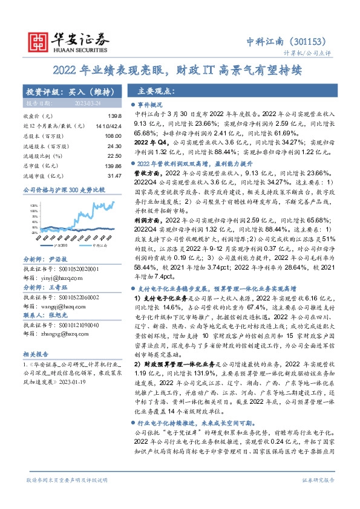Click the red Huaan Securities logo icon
[38, 40]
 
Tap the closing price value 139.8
[114, 115]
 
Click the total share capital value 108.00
[113, 137]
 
